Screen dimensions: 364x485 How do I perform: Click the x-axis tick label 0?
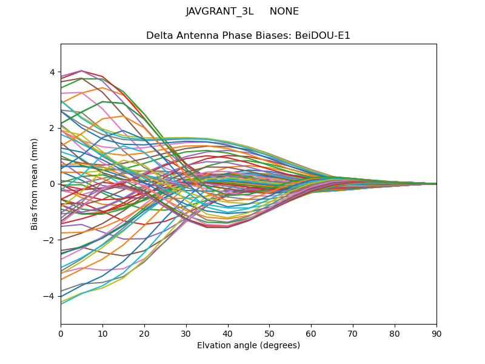pyautogui.click(x=61, y=333)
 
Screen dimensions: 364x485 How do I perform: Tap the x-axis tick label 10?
pyautogui.click(x=102, y=333)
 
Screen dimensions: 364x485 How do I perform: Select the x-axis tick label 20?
pyautogui.click(x=144, y=333)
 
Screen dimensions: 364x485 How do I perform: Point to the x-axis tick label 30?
pyautogui.click(x=186, y=333)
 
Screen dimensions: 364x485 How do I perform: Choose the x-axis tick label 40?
pyautogui.click(x=228, y=333)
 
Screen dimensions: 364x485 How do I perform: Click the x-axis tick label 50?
pyautogui.click(x=269, y=333)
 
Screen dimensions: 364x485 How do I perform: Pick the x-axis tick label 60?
pyautogui.click(x=311, y=333)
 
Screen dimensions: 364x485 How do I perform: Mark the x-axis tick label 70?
pyautogui.click(x=353, y=333)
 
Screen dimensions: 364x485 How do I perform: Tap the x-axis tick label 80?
pyautogui.click(x=395, y=333)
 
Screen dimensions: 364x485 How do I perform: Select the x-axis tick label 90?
pyautogui.click(x=436, y=333)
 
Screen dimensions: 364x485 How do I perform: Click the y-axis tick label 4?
pyautogui.click(x=52, y=72)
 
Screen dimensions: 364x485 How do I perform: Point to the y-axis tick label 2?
pyautogui.click(x=52, y=128)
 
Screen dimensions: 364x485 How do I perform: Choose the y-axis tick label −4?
pyautogui.click(x=49, y=296)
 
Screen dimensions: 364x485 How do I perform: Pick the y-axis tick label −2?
pyautogui.click(x=49, y=240)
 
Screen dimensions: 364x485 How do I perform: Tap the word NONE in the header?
pyautogui.click(x=284, y=12)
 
